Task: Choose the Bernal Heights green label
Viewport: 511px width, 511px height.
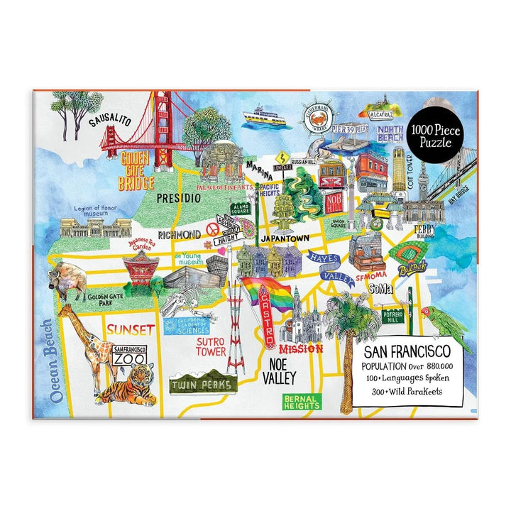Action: [x=302, y=401]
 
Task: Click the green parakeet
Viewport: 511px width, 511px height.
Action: [x=445, y=328]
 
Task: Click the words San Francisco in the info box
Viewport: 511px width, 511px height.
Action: [x=407, y=352]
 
